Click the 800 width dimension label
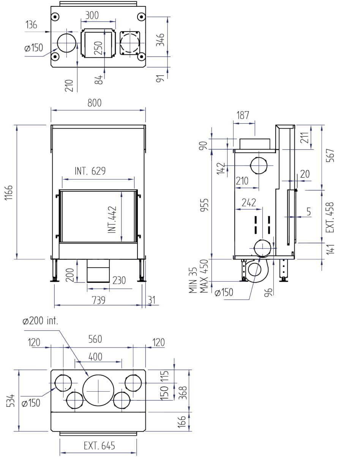coord(94,103)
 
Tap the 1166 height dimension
coord(9,192)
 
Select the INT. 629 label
coord(90,171)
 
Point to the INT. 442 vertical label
coord(112,220)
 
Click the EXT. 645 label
coord(99,446)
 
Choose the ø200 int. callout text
coord(40,321)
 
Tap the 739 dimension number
coord(99,300)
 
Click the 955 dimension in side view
coord(204,205)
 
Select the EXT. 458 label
coord(330,217)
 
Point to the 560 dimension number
coord(95,339)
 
